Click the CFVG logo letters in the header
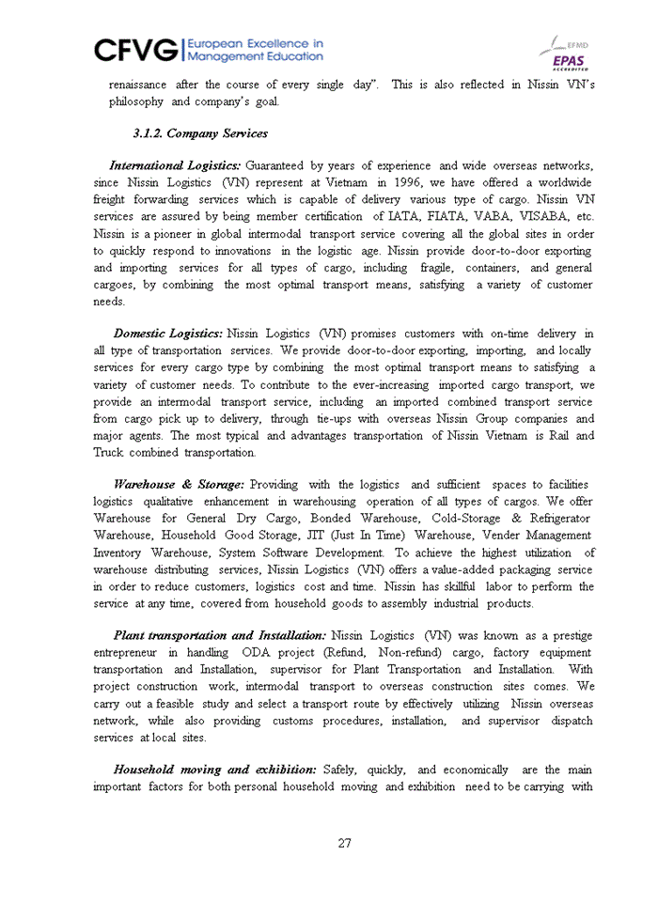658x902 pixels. coord(137,49)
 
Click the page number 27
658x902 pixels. coord(345,843)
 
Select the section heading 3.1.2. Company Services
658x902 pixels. coord(200,133)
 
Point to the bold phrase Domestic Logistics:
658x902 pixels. coord(167,334)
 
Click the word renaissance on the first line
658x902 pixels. coord(137,85)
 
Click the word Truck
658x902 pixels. coord(108,452)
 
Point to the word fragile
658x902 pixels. coord(407,267)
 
